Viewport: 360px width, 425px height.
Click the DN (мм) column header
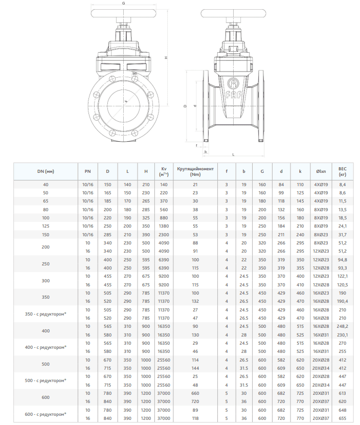(x=46, y=171)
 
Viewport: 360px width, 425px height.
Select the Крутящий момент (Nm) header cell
(x=195, y=171)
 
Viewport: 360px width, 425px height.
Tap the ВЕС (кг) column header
(x=342, y=171)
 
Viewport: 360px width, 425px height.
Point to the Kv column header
(x=164, y=171)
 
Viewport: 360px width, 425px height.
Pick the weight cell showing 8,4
(x=342, y=184)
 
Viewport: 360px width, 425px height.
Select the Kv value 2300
(x=164, y=234)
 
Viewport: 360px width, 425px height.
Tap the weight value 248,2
(x=342, y=326)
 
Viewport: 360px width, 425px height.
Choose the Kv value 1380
(x=164, y=226)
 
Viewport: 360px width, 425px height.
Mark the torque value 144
(x=195, y=368)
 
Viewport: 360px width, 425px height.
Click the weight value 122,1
(x=342, y=276)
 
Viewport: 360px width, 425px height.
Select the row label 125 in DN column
(x=46, y=226)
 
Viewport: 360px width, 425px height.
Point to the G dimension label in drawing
(x=124, y=4)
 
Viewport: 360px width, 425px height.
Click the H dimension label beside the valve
(x=166, y=58)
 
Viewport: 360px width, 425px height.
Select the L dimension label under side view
(x=233, y=153)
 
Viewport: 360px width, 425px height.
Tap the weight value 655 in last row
(x=342, y=418)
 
